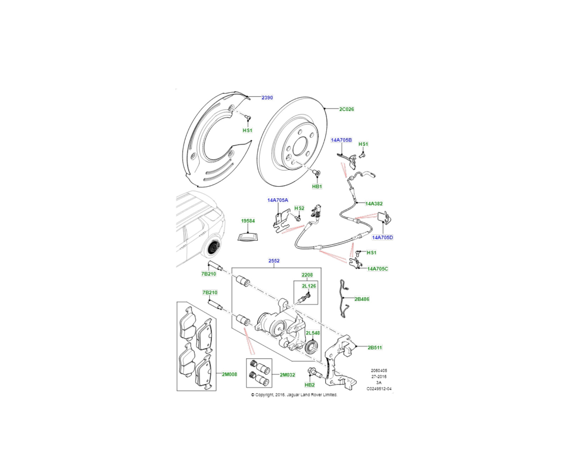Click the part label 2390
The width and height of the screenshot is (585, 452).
tap(267, 97)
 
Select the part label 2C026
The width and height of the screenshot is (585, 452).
tap(346, 109)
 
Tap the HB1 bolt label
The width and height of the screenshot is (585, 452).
tap(317, 186)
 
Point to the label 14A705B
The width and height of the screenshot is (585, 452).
tap(341, 140)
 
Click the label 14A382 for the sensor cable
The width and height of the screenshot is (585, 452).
tap(374, 203)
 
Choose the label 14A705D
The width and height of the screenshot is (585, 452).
tap(382, 238)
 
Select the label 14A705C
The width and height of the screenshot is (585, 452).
tap(377, 269)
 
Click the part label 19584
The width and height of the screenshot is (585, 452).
tap(248, 221)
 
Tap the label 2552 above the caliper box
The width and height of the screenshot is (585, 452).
tap(274, 261)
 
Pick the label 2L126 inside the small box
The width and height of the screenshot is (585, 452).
tap(309, 286)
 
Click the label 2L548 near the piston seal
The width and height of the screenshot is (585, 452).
tap(313, 333)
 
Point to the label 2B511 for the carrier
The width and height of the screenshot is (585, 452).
tap(374, 347)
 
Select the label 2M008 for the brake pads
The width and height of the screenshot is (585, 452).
tap(229, 374)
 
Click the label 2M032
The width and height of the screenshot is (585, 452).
tap(287, 375)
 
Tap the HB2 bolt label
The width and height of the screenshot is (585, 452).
tap(310, 385)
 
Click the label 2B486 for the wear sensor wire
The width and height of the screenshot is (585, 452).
tap(362, 299)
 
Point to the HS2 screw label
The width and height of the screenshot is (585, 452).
tap(299, 208)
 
